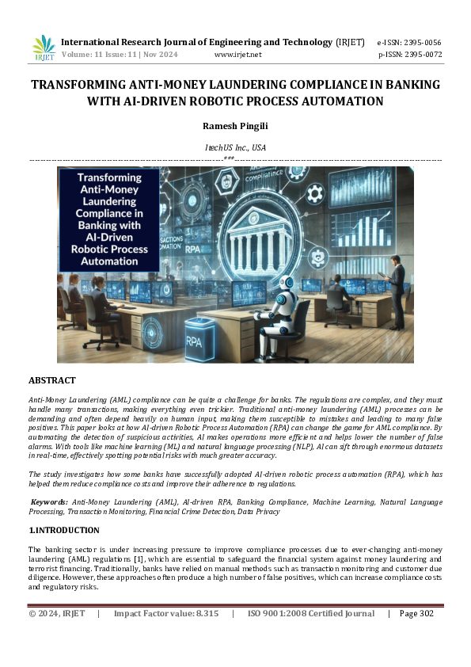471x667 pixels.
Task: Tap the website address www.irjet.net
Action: click(237, 55)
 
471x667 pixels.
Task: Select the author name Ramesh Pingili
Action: click(235, 125)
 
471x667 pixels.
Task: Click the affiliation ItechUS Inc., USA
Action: click(235, 147)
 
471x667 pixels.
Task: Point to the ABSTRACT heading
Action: click(52, 381)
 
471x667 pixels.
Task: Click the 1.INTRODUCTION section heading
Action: click(64, 530)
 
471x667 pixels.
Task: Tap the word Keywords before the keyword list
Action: click(49, 502)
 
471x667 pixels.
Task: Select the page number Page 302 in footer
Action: click(416, 613)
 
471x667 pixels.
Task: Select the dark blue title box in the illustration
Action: click(108, 219)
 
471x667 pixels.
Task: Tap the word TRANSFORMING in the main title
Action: click(76, 85)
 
